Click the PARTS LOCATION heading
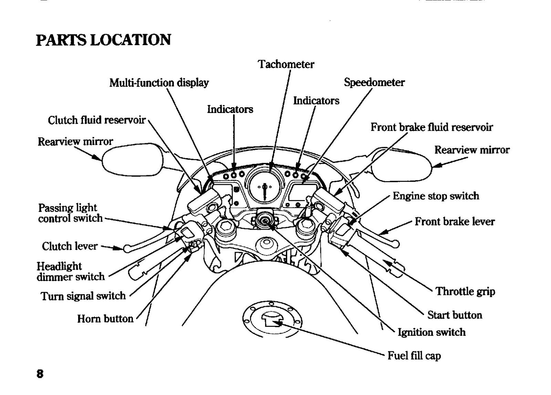pyautogui.click(x=103, y=40)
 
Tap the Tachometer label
pyautogui.click(x=286, y=64)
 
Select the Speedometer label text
pyautogui.click(x=374, y=82)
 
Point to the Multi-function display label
pyautogui.click(x=159, y=83)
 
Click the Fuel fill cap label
pyautogui.click(x=414, y=356)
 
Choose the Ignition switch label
pyautogui.click(x=432, y=332)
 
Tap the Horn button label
pyautogui.click(x=105, y=319)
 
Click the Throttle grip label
pyautogui.click(x=465, y=291)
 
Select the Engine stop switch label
pyautogui.click(x=436, y=196)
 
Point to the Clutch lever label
pyautogui.click(x=70, y=246)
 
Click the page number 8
pyautogui.click(x=40, y=374)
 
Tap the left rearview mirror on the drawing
pyautogui.click(x=133, y=160)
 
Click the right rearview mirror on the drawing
pyautogui.click(x=402, y=165)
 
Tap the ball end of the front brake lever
pyautogui.click(x=396, y=244)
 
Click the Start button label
pyautogui.click(x=455, y=315)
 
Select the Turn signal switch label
pyautogui.click(x=83, y=296)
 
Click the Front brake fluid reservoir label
pyautogui.click(x=432, y=127)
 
